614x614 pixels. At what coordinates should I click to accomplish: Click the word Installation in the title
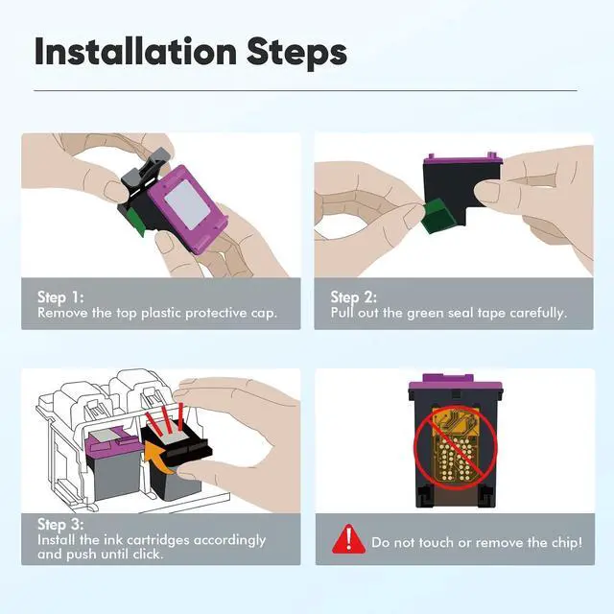click(135, 51)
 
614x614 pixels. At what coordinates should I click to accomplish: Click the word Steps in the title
click(296, 54)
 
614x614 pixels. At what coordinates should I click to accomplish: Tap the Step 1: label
click(60, 297)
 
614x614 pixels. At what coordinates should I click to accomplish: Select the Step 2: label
click(354, 297)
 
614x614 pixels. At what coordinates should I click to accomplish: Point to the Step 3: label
click(60, 525)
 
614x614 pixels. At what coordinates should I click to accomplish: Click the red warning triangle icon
click(348, 539)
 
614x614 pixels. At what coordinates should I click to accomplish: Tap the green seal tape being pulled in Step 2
click(437, 215)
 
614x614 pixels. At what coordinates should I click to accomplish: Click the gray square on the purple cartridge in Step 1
click(187, 205)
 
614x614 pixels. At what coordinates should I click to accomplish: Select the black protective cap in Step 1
click(145, 173)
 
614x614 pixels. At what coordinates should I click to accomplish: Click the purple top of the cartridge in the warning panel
click(455, 384)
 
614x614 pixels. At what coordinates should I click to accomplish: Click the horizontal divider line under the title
click(305, 91)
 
